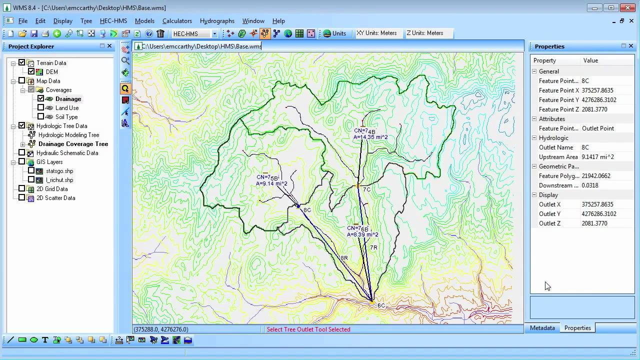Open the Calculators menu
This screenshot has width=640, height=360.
pyautogui.click(x=177, y=21)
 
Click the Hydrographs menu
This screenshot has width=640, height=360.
pyautogui.click(x=217, y=21)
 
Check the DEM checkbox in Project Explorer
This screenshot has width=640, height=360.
pyautogui.click(x=31, y=72)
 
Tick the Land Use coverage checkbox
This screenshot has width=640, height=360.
pyautogui.click(x=41, y=108)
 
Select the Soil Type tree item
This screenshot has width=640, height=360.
pyautogui.click(x=66, y=117)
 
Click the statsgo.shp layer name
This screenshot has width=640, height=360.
pyautogui.click(x=59, y=171)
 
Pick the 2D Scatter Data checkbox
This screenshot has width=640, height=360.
pyautogui.click(x=22, y=198)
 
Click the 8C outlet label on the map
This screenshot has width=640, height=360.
pyautogui.click(x=307, y=210)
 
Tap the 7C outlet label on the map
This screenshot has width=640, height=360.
pyautogui.click(x=366, y=190)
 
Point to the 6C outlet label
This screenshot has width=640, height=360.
pyautogui.click(x=381, y=305)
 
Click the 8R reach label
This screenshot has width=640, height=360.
pyautogui.click(x=344, y=258)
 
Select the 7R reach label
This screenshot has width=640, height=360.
pyautogui.click(x=373, y=247)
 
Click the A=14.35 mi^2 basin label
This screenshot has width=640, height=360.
pyautogui.click(x=370, y=137)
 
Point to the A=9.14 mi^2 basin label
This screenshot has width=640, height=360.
pyautogui.click(x=271, y=183)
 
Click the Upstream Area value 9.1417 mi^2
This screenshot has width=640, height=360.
pyautogui.click(x=597, y=157)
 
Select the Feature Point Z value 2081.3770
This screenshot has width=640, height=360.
pyautogui.click(x=594, y=109)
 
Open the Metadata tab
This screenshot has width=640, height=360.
pyautogui.click(x=542, y=328)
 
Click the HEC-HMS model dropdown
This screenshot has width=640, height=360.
pyautogui.click(x=194, y=34)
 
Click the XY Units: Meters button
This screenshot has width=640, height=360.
pyautogui.click(x=376, y=33)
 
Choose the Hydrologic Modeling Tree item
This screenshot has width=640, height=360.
pyautogui.click(x=68, y=135)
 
